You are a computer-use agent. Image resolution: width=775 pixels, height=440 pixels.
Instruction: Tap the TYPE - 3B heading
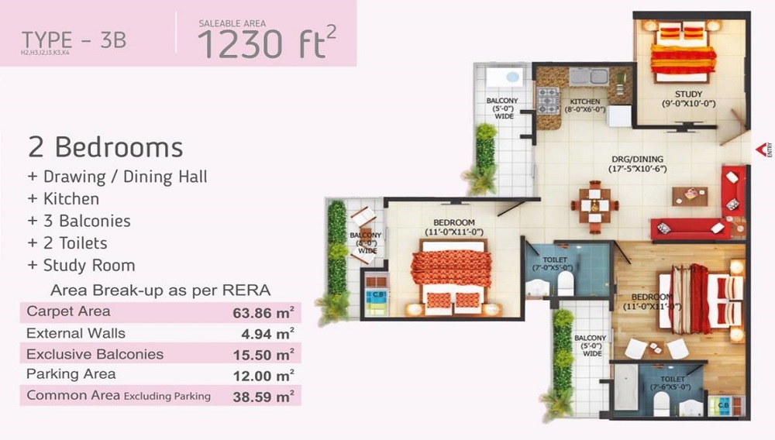point(74,40)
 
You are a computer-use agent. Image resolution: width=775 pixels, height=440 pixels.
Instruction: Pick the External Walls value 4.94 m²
point(267,335)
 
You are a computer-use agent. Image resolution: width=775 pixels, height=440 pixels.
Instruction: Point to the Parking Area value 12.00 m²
point(263,375)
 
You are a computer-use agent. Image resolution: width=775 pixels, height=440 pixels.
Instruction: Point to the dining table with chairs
point(594,206)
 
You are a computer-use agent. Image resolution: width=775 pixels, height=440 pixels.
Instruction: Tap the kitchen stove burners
point(548,101)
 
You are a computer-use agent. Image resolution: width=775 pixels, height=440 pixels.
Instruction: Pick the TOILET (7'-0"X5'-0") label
point(556,264)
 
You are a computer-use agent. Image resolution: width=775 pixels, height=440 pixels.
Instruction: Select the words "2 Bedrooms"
point(105,146)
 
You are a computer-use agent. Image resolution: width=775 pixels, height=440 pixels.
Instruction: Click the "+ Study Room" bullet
point(81,265)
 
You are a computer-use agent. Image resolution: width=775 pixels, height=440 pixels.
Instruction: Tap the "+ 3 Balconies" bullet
point(79,221)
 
